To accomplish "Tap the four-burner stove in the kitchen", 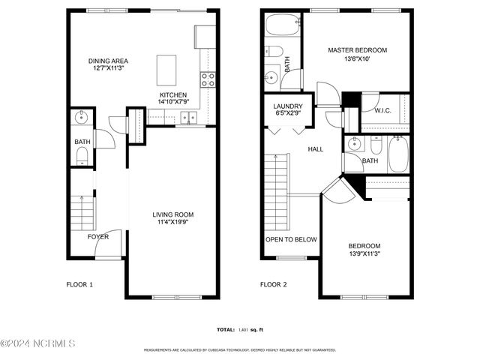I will point(208,78).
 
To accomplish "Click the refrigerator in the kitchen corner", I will point(205,37).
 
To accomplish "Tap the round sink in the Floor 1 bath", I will point(82,118).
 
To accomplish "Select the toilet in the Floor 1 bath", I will point(82,155).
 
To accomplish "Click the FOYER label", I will point(98,237).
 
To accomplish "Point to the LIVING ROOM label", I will point(174,214).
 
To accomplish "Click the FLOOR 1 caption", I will point(79,284).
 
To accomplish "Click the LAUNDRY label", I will point(287,106).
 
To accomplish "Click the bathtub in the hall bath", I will point(398,154).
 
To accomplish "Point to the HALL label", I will point(316,149).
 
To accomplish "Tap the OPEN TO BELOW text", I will point(291,240).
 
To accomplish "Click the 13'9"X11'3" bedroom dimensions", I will point(364,254).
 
